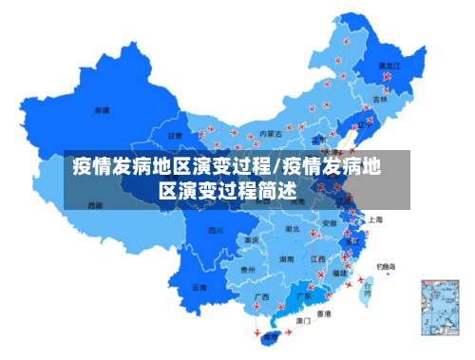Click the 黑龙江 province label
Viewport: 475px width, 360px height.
point(389,66)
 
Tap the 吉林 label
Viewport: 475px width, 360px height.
point(380,98)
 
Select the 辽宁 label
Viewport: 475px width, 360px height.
point(361,123)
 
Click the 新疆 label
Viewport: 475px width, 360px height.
point(101,110)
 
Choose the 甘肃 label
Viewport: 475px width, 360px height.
point(175,136)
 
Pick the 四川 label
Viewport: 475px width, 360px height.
point(216,230)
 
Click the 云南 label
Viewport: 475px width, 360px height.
point(199,286)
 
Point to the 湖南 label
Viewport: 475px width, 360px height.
point(286,258)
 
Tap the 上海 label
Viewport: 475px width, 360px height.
point(375,219)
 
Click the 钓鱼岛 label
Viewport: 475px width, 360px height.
point(387,266)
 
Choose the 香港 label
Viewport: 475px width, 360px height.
point(324,313)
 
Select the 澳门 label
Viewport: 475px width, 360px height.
point(304,321)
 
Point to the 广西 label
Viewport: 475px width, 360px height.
point(261,297)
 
